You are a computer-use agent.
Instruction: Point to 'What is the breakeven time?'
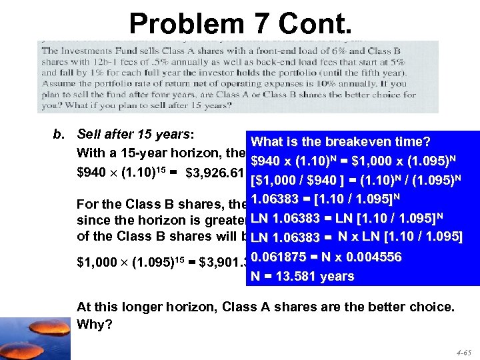[340, 141]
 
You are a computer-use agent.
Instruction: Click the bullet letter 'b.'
[59, 134]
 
